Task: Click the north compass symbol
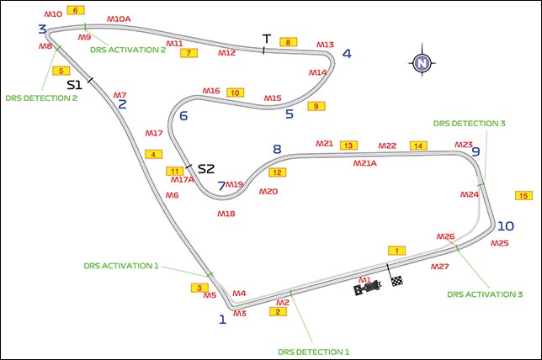coord(422,62)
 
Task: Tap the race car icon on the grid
coord(367,289)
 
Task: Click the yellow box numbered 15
coord(523,196)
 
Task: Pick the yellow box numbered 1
coord(397,251)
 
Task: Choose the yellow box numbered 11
coord(175,172)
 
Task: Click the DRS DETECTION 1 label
coord(311,351)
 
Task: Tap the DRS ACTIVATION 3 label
coord(485,294)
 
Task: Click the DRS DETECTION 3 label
coord(470,123)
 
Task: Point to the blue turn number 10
coord(505,226)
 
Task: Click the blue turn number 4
coord(346,55)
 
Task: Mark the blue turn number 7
coord(221,186)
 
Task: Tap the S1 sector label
coord(74,84)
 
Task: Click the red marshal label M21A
coord(364,163)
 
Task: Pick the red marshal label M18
coord(226,214)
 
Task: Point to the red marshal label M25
coord(500,243)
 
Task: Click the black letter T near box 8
coord(266,40)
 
